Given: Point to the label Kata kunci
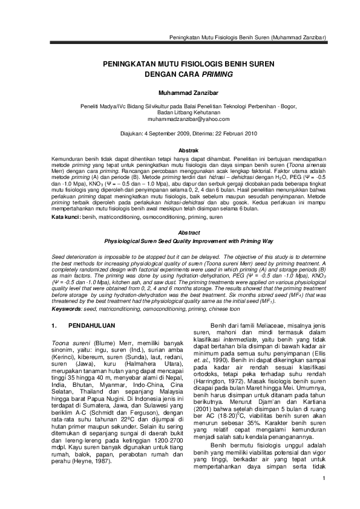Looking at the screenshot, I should pos(65,216).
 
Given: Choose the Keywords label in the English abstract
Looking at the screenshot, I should pos(67,309).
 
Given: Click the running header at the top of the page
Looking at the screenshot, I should pos(247,37).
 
